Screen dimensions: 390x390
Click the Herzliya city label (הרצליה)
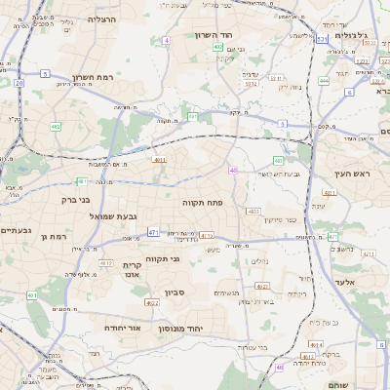(100, 19)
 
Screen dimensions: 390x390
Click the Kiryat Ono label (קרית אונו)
(134, 270)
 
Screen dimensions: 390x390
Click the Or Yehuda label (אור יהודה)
(121, 328)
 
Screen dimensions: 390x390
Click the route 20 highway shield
(19, 83)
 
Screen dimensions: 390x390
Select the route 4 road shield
(167, 40)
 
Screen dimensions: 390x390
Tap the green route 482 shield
(56, 126)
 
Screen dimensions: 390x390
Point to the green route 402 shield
(218, 47)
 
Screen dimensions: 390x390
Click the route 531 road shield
(322, 39)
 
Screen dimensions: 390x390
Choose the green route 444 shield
(324, 81)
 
